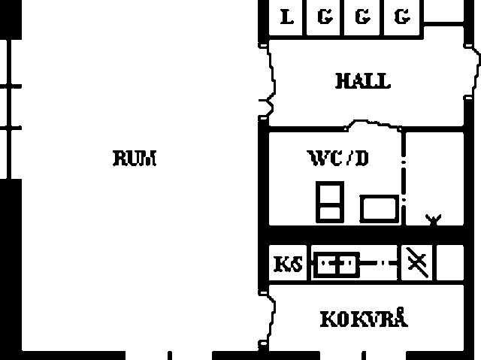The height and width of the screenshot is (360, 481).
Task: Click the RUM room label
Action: tap(135, 159)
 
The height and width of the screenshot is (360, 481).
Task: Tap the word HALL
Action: tap(363, 81)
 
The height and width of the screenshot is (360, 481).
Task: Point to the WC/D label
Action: tap(338, 159)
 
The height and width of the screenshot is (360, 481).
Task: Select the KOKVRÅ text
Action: tap(364, 318)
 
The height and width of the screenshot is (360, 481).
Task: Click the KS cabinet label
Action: tap(288, 264)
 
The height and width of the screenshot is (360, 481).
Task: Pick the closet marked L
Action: tap(286, 17)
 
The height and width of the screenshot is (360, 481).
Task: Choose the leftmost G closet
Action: tap(323, 17)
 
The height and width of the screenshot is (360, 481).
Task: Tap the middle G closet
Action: tap(362, 17)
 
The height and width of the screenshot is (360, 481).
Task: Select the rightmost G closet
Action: tap(402, 17)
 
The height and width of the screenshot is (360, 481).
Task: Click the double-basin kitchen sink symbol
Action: tap(337, 263)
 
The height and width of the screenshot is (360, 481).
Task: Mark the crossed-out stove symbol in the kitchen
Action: tap(417, 262)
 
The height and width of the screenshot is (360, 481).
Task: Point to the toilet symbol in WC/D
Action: tap(330, 201)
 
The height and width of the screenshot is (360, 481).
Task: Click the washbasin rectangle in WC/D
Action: tap(380, 208)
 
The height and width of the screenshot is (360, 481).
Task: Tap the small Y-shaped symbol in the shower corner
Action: tap(433, 220)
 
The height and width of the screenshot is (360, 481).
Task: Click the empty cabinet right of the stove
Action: tap(450, 262)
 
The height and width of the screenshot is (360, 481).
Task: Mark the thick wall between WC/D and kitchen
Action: tap(366, 235)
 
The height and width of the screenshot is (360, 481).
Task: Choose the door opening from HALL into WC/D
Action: tap(373, 125)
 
